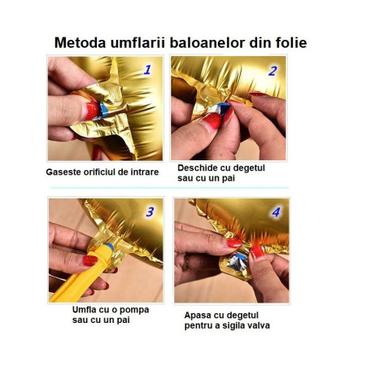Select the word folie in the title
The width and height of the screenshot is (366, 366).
click(290, 42)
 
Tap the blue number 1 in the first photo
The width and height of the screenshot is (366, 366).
click(147, 70)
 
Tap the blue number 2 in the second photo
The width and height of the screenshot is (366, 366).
click(272, 71)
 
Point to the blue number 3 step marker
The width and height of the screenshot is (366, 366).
click(150, 212)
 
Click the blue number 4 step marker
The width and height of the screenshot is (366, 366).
click(275, 212)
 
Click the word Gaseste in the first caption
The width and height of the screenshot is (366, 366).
click(64, 172)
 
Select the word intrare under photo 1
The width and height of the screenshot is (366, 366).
click(139, 172)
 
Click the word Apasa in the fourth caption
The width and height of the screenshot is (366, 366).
click(199, 314)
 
